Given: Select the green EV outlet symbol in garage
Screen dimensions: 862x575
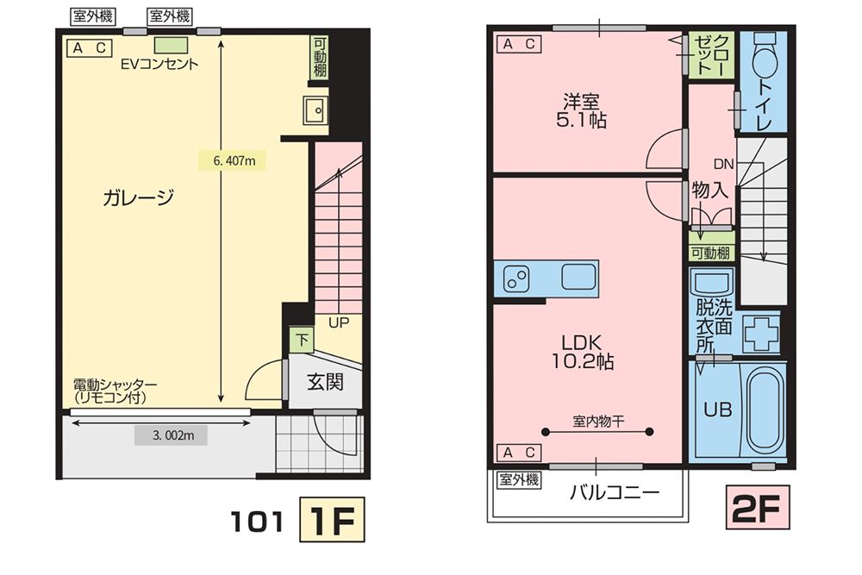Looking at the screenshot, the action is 171,45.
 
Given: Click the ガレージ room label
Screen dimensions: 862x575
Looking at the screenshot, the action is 139,197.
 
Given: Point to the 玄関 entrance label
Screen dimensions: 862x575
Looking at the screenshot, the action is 326,382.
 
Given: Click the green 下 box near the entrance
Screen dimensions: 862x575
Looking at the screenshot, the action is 302,341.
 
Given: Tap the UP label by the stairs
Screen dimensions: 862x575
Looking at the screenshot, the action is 339,322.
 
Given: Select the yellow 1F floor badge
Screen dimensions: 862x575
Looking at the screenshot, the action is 332,520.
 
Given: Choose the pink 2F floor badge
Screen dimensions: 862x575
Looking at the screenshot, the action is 758,508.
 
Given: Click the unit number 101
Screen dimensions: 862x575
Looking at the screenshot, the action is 257,522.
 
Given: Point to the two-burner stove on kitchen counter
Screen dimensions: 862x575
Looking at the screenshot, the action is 516,278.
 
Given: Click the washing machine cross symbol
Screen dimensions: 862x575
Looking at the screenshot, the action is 761,333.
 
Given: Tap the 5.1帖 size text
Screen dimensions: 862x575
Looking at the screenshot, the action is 582,120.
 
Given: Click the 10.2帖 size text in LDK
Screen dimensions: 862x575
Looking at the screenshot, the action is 582,361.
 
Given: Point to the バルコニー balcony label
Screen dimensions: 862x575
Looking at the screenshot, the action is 614,492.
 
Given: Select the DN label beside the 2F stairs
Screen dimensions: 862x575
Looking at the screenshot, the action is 723,164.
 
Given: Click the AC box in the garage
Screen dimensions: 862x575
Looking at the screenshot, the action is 89,48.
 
